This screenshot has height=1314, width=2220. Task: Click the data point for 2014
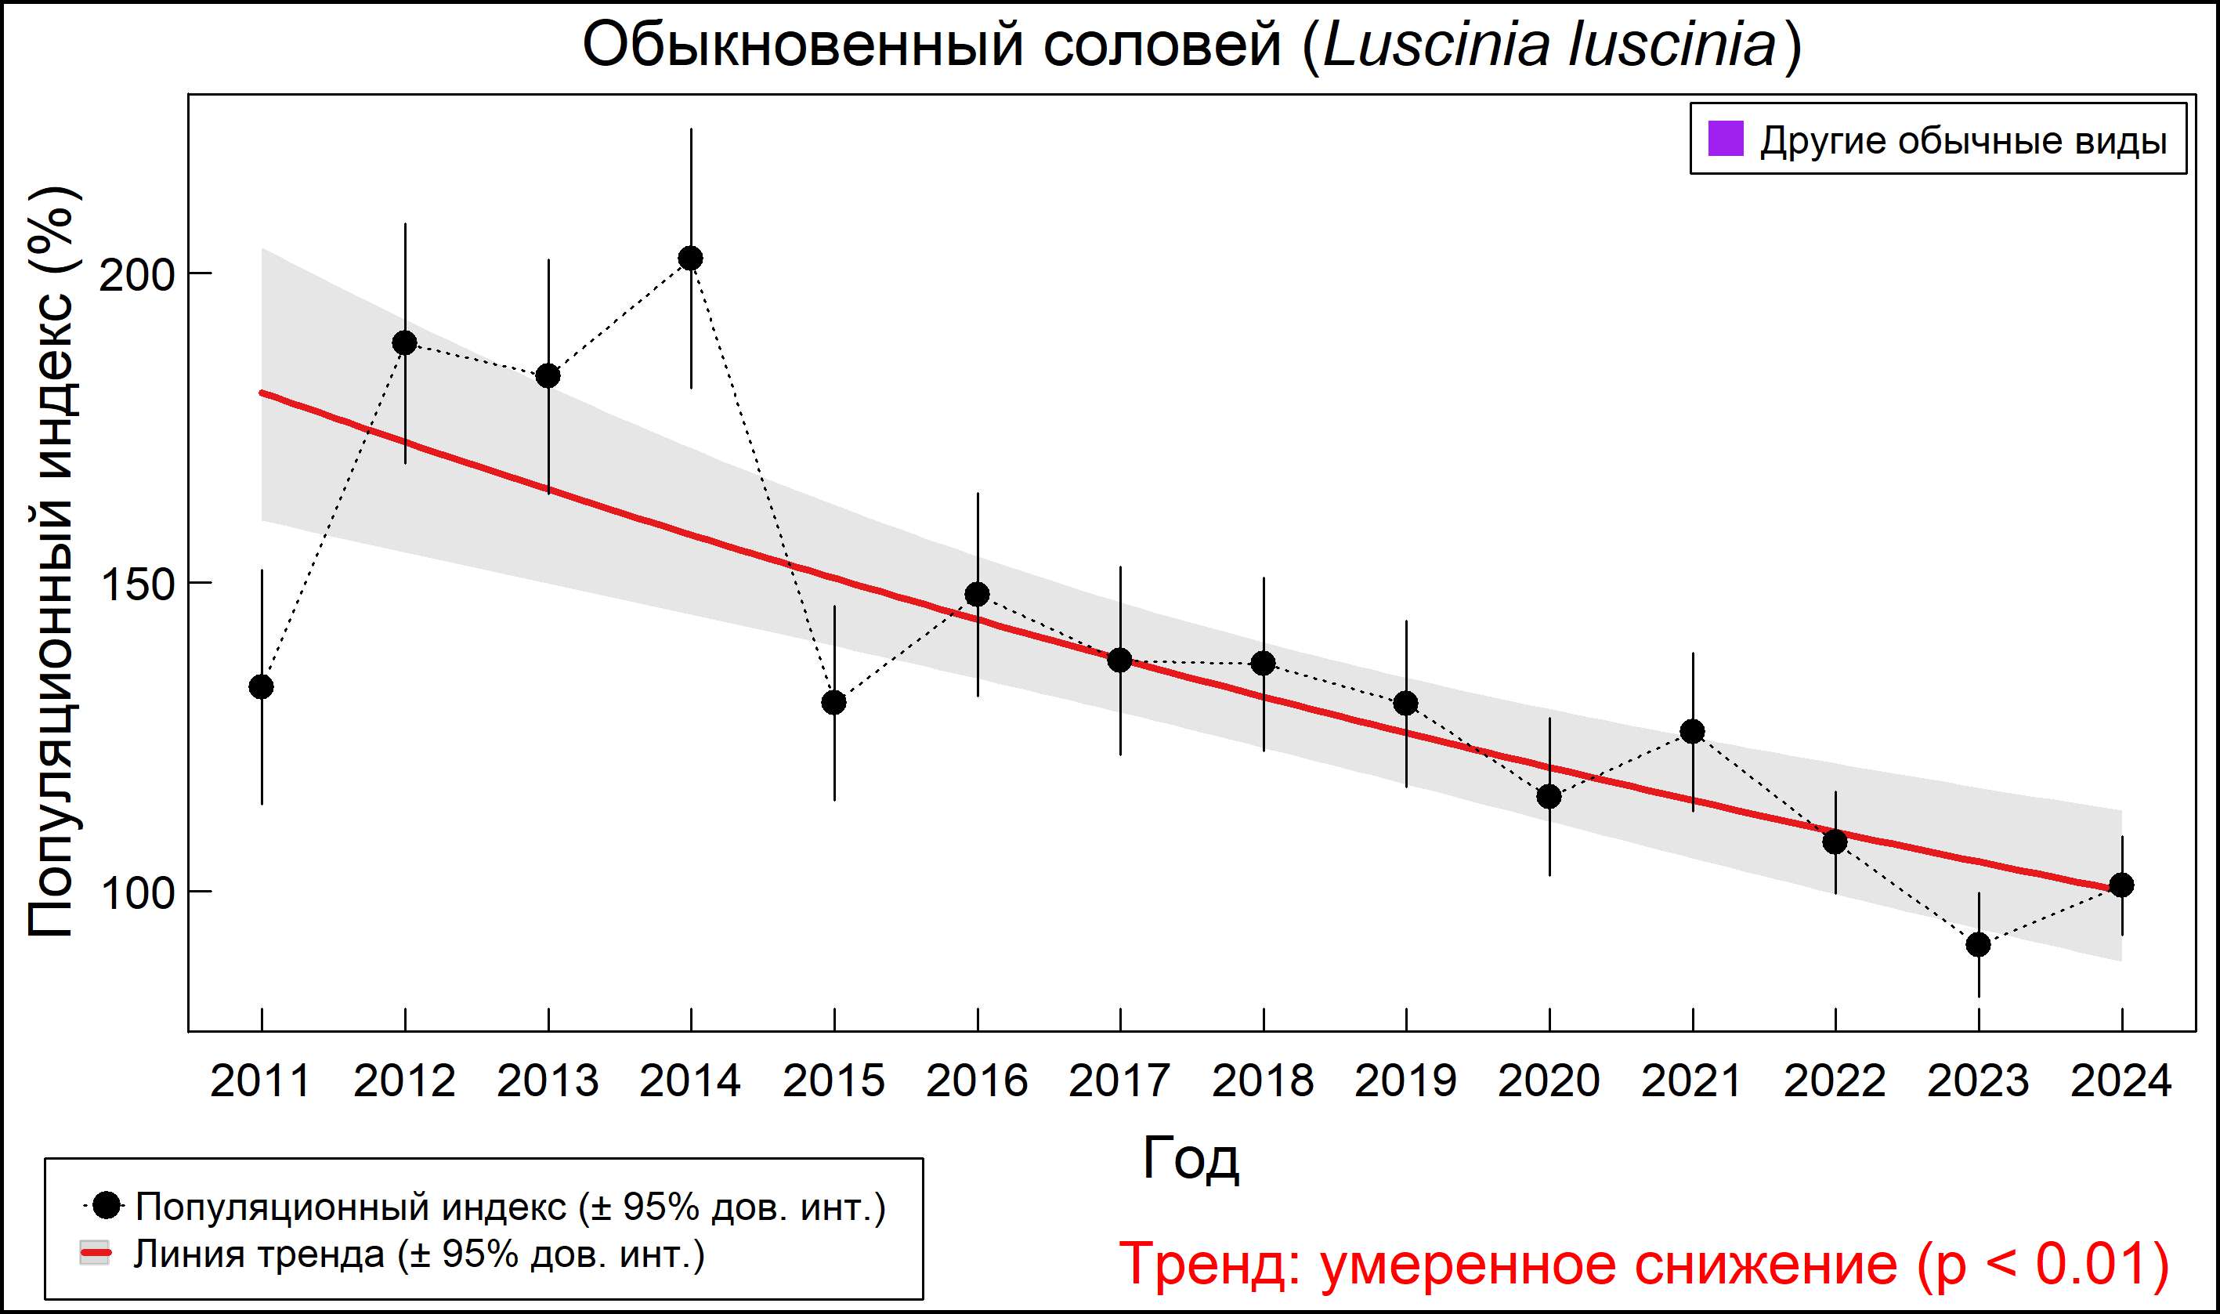pos(690,259)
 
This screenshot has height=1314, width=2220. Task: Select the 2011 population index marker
pos(261,686)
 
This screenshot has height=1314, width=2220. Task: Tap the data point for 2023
pos(1979,945)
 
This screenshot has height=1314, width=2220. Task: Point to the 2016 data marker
pos(978,594)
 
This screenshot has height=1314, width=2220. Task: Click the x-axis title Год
pos(1191,1158)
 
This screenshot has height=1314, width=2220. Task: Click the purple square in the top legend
pos(1725,139)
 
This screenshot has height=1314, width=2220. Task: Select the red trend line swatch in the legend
pos(95,1254)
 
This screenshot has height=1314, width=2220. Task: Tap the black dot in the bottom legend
pos(107,1205)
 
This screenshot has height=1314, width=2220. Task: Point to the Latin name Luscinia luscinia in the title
pos(1549,45)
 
